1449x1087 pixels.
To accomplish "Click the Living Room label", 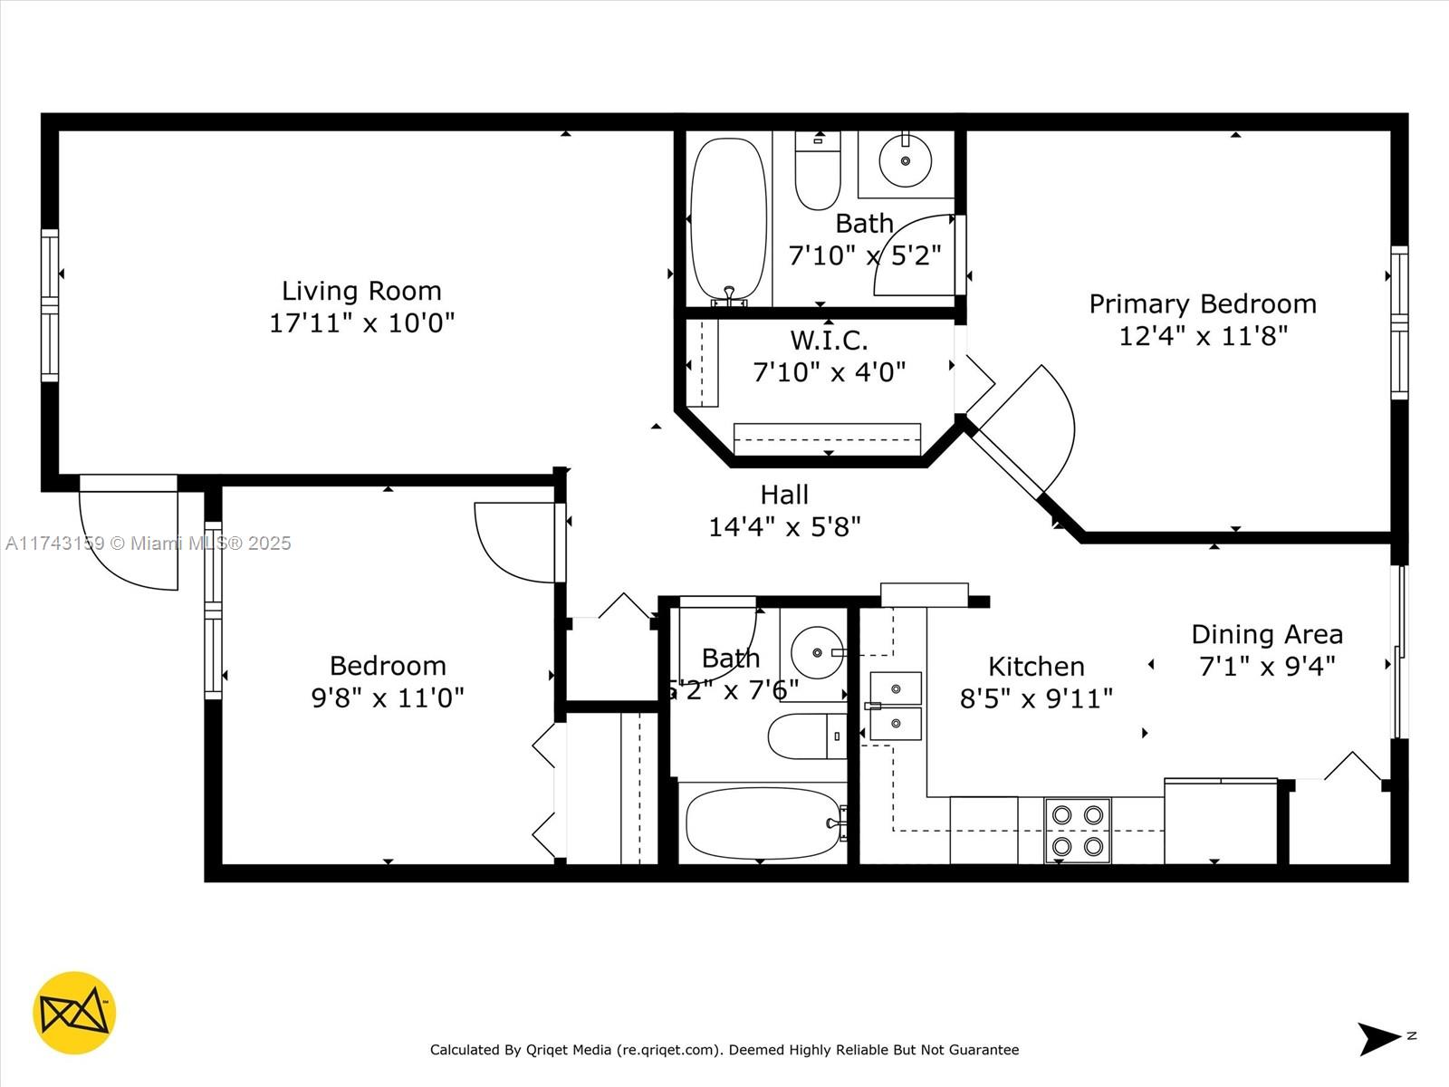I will click(x=361, y=291).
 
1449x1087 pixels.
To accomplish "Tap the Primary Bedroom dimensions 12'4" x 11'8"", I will click(x=1203, y=336).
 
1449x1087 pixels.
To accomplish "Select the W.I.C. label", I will click(x=829, y=341).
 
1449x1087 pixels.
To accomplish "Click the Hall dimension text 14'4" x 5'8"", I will click(x=784, y=526).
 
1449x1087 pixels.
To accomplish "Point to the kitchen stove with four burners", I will click(x=1078, y=830).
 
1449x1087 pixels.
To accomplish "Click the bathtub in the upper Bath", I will click(x=728, y=218).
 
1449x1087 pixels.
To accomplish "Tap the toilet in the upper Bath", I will click(x=817, y=172).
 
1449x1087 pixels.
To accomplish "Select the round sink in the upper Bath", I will click(x=906, y=161).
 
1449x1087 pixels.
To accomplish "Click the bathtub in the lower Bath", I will click(x=763, y=822).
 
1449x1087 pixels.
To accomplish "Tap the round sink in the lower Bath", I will click(x=818, y=651).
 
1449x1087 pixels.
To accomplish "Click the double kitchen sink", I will click(x=896, y=706).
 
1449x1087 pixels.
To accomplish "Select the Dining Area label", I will click(x=1266, y=634).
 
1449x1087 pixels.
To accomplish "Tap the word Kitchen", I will click(x=1036, y=667).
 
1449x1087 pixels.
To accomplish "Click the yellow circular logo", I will click(x=74, y=1013).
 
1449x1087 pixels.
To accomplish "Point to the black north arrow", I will click(x=1378, y=1038).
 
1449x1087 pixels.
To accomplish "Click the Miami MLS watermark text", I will click(x=149, y=543).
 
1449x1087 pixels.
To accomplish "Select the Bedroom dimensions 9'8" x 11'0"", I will click(x=388, y=697).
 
